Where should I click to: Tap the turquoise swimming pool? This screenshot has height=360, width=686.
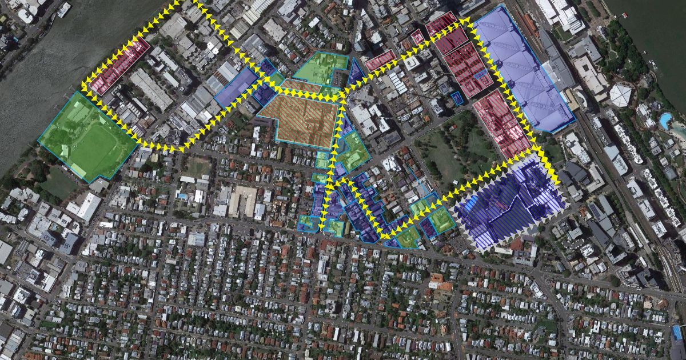(x=664, y=121)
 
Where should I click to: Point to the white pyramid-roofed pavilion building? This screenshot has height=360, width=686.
(x=621, y=94)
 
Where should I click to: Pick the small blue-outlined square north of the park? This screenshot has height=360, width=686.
(x=456, y=99)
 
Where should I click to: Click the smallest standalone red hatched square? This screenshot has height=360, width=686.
(x=417, y=37)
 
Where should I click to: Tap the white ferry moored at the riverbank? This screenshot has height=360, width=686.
(x=63, y=9)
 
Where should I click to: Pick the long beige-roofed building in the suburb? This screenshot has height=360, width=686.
(x=243, y=200)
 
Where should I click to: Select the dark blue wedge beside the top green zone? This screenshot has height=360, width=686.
(x=356, y=72)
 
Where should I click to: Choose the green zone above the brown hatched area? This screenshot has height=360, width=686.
(x=321, y=67)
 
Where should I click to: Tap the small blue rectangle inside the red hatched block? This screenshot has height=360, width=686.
(x=482, y=74)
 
